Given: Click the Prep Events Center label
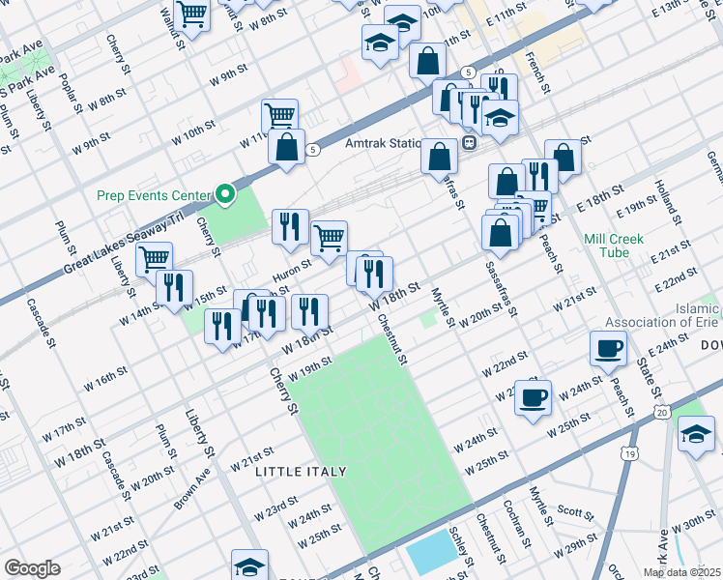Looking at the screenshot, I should tap(154, 194).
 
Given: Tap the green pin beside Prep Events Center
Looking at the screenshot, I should tap(225, 195).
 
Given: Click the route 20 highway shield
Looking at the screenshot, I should tap(661, 413).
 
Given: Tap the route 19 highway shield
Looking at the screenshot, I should tap(629, 452).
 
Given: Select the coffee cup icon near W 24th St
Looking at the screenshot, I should tap(533, 397).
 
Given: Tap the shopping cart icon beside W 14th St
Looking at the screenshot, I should tap(155, 259).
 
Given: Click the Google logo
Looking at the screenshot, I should tap(32, 568).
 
